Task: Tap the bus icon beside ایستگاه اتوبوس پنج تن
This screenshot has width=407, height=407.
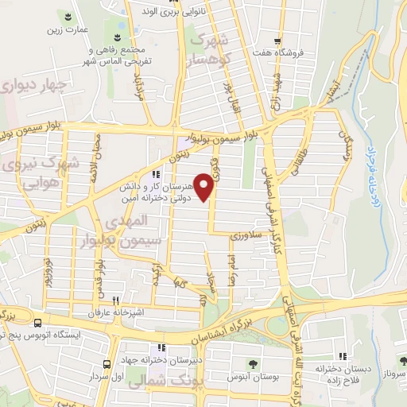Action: coord(37,323)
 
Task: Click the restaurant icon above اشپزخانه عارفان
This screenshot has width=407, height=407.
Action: coord(116,300)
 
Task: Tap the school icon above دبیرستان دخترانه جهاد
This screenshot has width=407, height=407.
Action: coord(162,347)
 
